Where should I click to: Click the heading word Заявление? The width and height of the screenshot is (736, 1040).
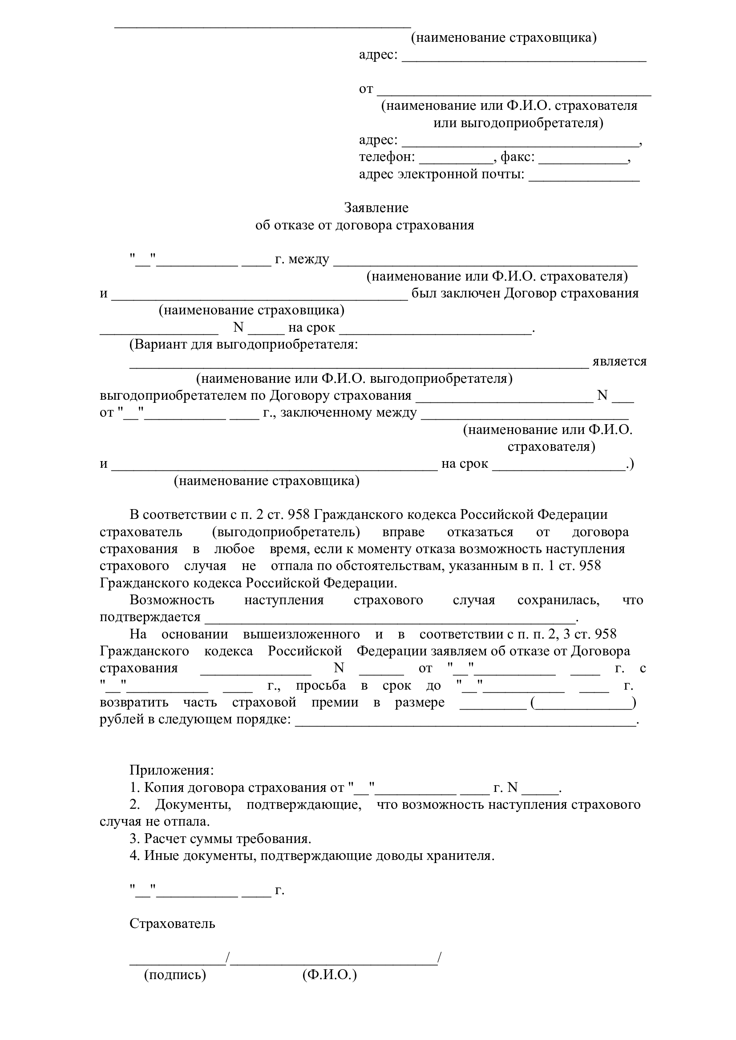click(376, 208)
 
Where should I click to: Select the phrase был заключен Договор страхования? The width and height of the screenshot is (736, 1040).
click(525, 293)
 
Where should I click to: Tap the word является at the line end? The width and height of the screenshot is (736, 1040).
click(619, 361)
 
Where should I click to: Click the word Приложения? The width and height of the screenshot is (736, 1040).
click(172, 771)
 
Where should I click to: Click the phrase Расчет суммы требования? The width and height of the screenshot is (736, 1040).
click(227, 839)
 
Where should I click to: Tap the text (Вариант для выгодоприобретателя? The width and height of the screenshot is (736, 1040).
click(244, 345)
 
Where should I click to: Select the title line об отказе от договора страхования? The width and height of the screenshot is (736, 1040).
click(364, 225)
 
